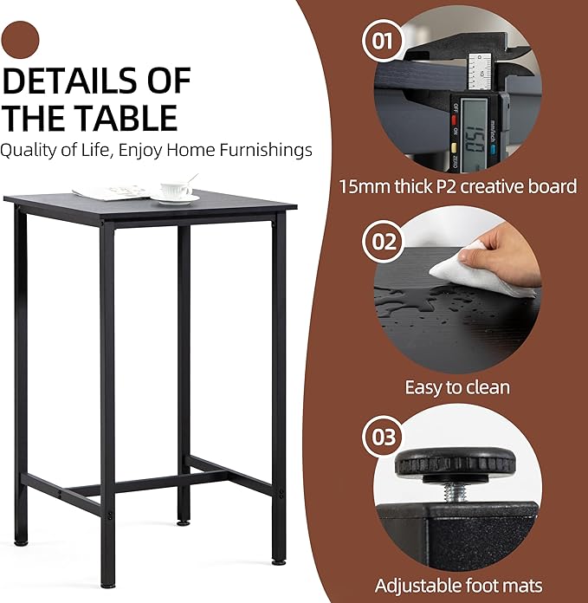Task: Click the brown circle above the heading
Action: (20, 40)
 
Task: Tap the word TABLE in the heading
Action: (126, 118)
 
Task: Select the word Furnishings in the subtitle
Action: (266, 150)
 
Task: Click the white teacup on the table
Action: (175, 191)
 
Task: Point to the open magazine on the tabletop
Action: (113, 192)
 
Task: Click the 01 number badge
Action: (383, 41)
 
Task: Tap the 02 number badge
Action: (383, 242)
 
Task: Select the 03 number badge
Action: (383, 438)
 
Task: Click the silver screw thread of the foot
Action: (456, 492)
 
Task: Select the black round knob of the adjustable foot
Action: (455, 463)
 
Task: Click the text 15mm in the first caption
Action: (365, 186)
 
